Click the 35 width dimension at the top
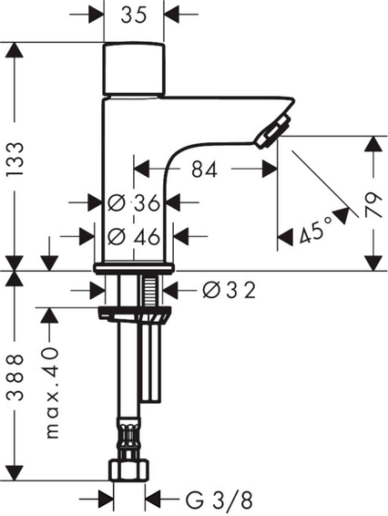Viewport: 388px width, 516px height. pos(134,15)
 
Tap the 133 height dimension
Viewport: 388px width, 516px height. pos(15,159)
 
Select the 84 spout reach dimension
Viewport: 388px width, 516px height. pos(204,170)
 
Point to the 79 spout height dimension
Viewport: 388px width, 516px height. pos(373,205)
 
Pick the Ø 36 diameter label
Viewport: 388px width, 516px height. pos(134,202)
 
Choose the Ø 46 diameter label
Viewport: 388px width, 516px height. pos(134,236)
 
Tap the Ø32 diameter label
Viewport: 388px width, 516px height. pos(229,291)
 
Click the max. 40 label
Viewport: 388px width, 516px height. pos(52,393)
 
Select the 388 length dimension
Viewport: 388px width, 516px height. pos(15,377)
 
